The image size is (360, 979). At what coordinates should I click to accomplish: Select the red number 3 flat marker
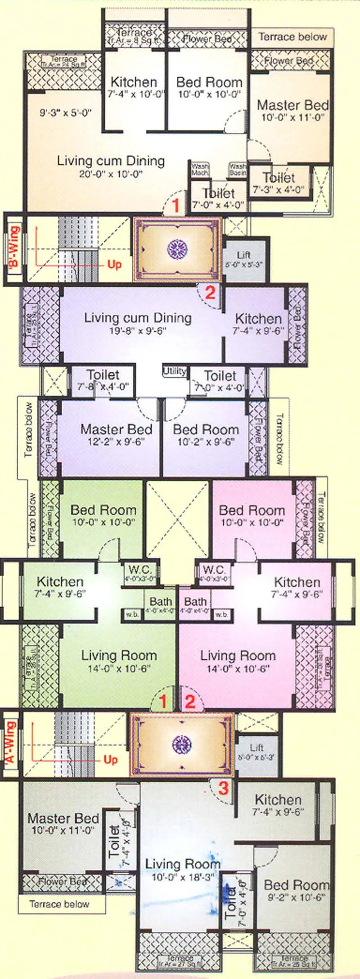(223, 788)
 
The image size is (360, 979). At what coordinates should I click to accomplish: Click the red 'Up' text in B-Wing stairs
(114, 264)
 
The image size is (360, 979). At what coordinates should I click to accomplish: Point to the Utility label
(174, 371)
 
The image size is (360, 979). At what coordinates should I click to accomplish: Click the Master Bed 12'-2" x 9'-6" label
(116, 435)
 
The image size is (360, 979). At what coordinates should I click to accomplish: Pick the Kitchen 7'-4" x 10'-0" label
(134, 87)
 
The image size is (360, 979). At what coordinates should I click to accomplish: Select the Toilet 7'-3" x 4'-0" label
(279, 183)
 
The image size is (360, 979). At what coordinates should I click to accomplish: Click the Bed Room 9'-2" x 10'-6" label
(296, 889)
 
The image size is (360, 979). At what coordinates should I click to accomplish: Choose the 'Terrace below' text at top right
(292, 37)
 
